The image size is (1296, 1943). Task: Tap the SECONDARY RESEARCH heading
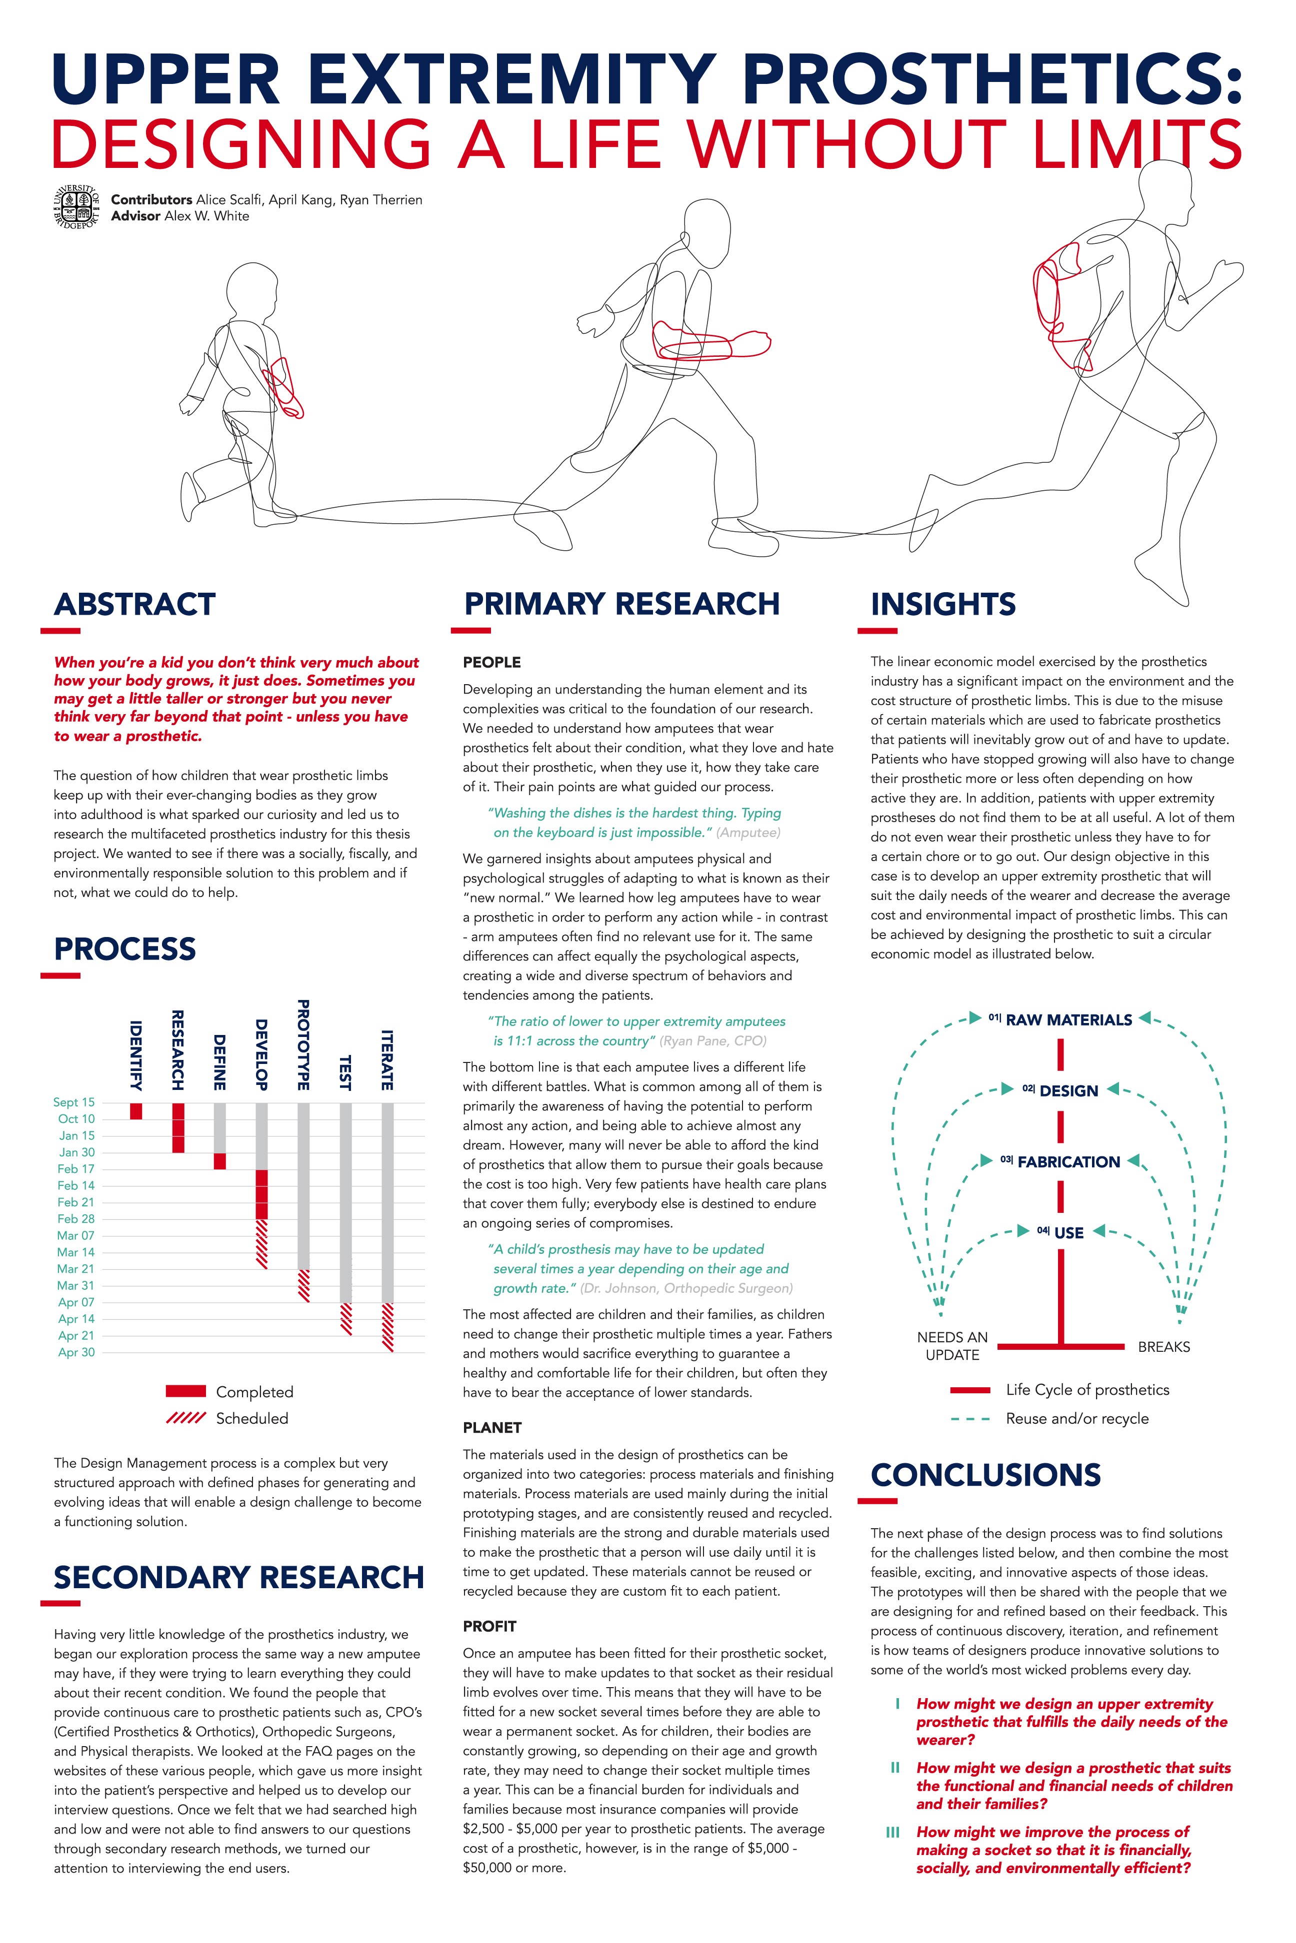(239, 1577)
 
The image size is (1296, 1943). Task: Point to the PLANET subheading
(492, 1427)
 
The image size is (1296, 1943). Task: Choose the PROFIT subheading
(489, 1626)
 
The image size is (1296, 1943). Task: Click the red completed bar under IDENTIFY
(136, 1110)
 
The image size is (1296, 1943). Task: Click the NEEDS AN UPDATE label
(952, 1346)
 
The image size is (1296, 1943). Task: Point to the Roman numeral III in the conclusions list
(892, 1832)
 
